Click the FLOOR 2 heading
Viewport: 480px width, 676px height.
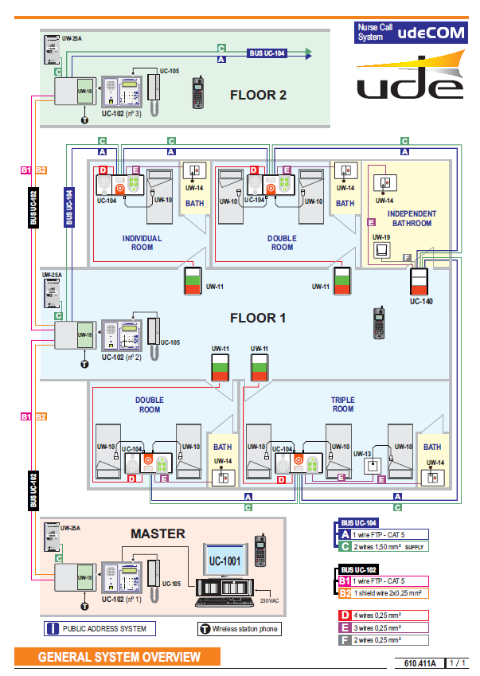tap(258, 95)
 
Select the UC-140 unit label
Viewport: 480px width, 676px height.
tap(421, 302)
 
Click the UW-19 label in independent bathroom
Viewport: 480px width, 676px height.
tap(381, 237)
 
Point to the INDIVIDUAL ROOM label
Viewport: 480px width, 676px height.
tap(142, 242)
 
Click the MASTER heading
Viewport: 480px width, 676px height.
tap(158, 533)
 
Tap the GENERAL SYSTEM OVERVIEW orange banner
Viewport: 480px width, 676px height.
tap(119, 657)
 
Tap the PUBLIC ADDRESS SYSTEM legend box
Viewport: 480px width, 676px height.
tap(99, 628)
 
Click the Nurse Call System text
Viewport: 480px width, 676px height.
tap(373, 33)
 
